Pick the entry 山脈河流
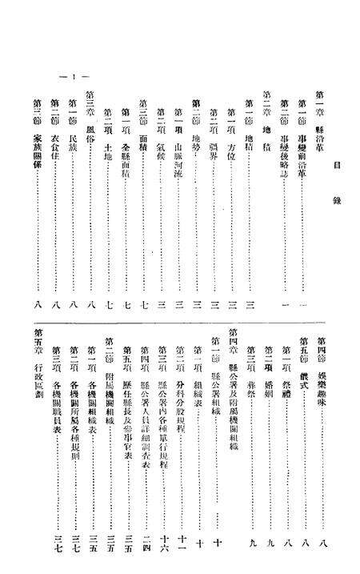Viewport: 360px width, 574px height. click(177, 137)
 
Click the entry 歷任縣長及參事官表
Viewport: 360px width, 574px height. click(125, 389)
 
